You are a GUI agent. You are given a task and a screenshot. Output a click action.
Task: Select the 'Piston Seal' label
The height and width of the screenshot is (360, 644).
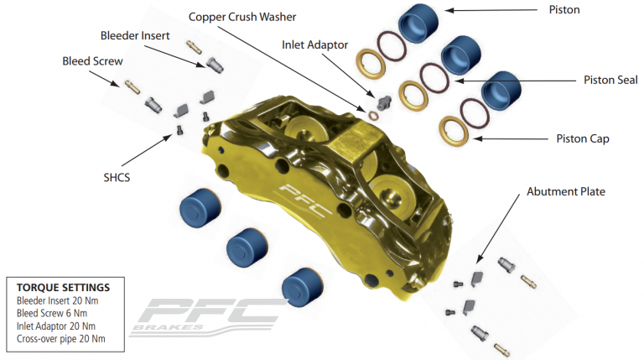pos(610,81)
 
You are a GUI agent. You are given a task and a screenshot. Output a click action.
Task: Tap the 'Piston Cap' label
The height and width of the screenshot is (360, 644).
pos(583,138)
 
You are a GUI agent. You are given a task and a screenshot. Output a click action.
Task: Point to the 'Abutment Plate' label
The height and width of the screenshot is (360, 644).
pos(565,192)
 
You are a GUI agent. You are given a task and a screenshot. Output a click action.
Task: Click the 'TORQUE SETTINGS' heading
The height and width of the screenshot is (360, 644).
pos(63,287)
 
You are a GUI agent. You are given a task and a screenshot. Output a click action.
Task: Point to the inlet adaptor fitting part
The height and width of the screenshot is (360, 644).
pos(384,102)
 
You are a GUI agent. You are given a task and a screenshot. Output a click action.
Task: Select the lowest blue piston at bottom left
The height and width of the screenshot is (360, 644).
pos(298,288)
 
